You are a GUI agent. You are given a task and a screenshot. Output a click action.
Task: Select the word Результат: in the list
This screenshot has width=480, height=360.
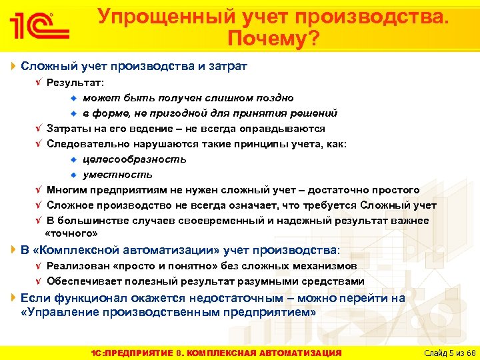(x=75, y=83)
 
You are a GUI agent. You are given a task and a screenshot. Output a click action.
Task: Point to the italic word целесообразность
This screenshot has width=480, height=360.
(x=135, y=159)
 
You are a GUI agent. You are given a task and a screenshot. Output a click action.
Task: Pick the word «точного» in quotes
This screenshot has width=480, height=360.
(x=71, y=233)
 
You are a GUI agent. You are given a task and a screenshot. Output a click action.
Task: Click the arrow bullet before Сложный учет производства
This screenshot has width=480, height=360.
(x=14, y=66)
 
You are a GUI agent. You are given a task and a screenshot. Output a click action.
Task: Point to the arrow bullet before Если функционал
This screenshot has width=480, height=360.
(x=14, y=298)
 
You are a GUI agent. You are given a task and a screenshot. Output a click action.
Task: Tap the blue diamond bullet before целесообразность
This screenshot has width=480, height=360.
(x=75, y=159)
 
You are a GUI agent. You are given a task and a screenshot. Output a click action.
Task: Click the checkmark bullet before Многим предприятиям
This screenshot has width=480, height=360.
(x=38, y=190)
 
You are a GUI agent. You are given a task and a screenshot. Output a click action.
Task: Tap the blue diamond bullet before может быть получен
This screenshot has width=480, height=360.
(x=75, y=98)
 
